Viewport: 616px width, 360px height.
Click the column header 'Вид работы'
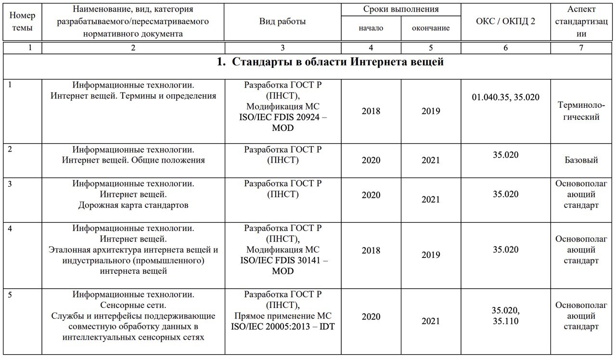(282, 21)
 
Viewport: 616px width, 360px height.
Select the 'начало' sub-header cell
(371, 28)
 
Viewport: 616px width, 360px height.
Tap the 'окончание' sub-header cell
(431, 28)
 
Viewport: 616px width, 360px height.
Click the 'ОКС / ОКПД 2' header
(505, 21)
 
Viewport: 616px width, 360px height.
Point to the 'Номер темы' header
(22, 21)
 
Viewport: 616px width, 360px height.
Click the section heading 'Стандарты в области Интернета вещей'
(330, 62)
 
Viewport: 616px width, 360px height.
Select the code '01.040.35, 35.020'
(505, 98)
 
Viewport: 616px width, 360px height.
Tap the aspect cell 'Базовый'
(581, 160)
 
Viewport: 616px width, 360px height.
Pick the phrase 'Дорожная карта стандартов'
(133, 206)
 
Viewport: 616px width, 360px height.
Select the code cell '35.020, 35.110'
(505, 316)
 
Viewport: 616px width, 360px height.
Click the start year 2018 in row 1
(371, 111)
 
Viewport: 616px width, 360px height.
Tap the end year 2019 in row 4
(431, 255)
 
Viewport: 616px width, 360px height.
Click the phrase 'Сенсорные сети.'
(133, 305)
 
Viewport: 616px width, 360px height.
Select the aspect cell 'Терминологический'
(581, 111)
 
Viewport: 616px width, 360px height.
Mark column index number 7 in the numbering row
(581, 48)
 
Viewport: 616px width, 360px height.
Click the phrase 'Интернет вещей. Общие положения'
(133, 161)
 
